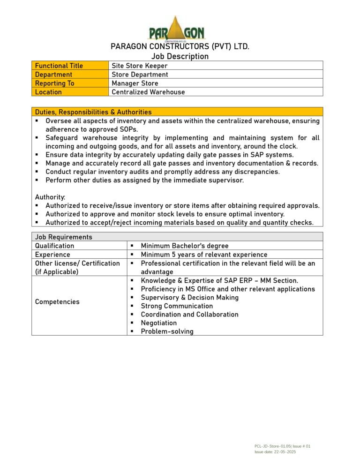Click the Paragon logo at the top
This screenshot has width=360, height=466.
tap(177, 28)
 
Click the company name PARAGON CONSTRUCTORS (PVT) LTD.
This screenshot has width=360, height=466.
tap(180, 46)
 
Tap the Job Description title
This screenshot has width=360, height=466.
tap(180, 56)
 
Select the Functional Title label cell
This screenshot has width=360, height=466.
tap(70, 66)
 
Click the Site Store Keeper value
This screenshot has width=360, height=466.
tap(139, 66)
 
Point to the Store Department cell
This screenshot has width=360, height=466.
tap(140, 75)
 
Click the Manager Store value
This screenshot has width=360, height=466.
tap(135, 83)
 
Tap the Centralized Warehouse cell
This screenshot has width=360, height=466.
tap(148, 92)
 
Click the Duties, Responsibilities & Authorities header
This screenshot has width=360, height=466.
tap(93, 112)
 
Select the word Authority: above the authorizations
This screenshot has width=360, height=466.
tap(50, 197)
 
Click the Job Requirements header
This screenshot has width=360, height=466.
tap(64, 237)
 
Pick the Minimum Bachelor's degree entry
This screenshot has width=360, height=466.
tap(184, 246)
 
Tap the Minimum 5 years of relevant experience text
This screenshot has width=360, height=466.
tap(204, 255)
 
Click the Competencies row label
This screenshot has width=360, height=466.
tap(57, 301)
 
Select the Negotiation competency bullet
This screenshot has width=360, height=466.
tap(158, 323)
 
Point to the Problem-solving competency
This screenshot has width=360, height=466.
tap(167, 331)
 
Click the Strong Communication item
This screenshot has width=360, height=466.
tap(176, 306)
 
